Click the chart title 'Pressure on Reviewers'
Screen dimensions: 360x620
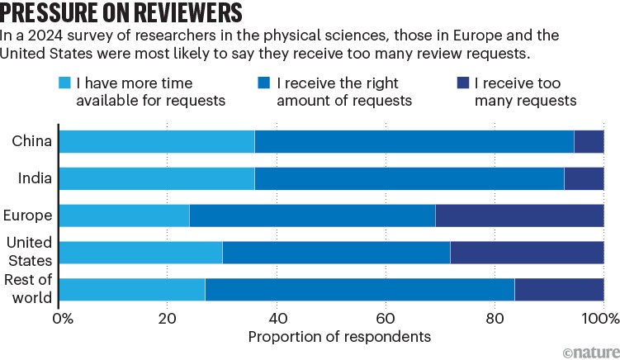[122, 14]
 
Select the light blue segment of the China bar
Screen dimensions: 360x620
[157, 141]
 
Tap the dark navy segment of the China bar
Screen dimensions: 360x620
[589, 141]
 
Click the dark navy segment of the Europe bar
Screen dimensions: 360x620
[519, 216]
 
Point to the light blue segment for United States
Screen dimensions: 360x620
[141, 253]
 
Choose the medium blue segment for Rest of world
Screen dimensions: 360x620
[360, 290]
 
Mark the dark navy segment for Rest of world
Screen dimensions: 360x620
[559, 290]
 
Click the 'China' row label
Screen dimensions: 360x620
[32, 141]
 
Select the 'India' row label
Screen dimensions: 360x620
[35, 178]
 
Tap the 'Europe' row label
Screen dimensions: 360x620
[27, 216]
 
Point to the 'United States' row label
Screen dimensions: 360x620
[30, 252]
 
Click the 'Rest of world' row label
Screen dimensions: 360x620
[31, 290]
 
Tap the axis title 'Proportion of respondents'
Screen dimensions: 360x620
[339, 337]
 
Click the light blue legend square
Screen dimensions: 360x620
[65, 83]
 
